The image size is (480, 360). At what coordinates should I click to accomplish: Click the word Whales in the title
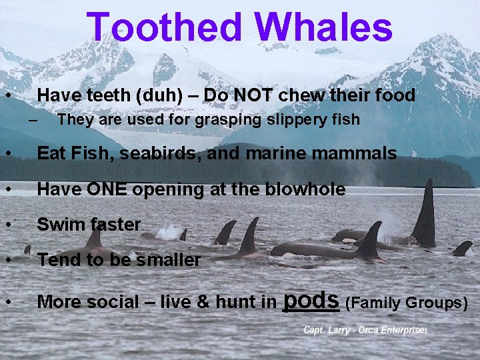click(324, 28)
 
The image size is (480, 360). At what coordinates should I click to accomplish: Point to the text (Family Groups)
click(407, 303)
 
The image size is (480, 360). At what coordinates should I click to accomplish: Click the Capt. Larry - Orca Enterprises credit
click(365, 330)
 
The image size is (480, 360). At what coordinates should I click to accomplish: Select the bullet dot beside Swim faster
click(8, 225)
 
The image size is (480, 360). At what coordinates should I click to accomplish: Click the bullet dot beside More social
click(8, 303)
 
